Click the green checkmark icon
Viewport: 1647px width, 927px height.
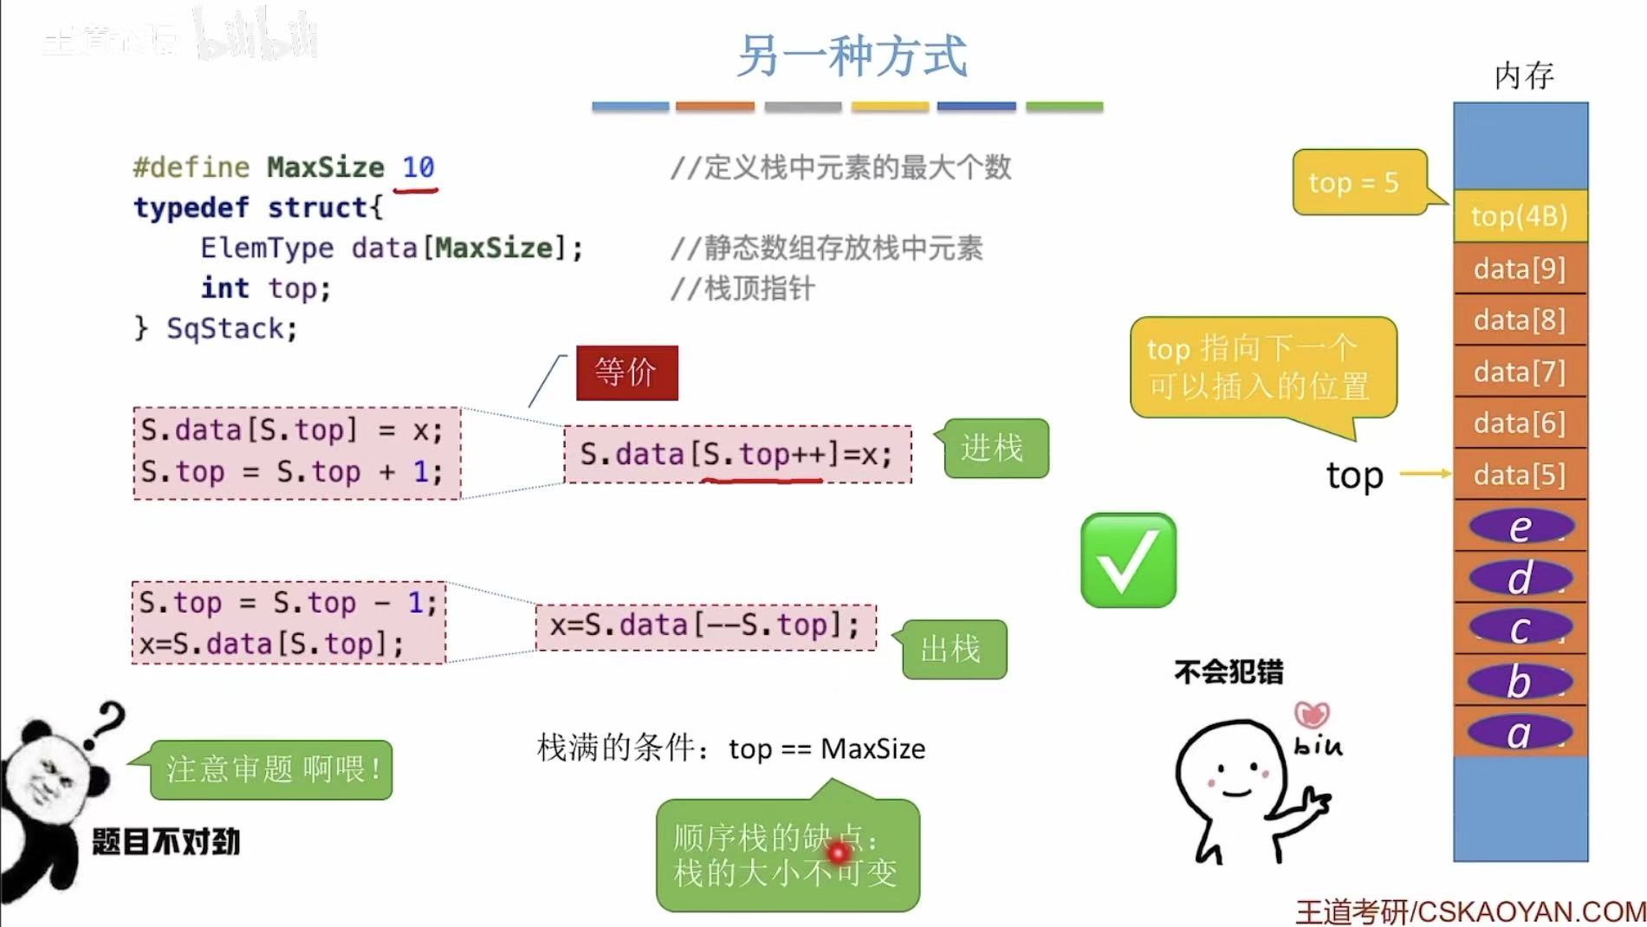(1128, 561)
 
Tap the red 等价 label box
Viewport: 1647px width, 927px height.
(626, 373)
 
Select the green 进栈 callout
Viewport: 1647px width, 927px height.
(995, 448)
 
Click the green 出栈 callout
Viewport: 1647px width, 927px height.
(953, 649)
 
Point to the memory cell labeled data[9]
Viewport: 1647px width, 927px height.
(1520, 269)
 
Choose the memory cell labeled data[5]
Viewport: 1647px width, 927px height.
(1520, 475)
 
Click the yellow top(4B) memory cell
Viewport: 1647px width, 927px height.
(1520, 216)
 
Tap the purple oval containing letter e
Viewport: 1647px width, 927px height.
(1521, 527)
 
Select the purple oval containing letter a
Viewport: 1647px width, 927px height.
(1519, 733)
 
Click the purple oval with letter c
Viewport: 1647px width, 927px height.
(1521, 629)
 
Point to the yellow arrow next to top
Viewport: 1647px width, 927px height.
(1424, 474)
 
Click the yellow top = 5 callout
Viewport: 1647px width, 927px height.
(1357, 182)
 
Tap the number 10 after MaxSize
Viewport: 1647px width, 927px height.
(418, 166)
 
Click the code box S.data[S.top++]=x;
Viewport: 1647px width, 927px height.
(737, 454)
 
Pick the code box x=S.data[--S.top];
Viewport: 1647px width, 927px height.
(705, 626)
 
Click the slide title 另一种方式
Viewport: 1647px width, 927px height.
(852, 56)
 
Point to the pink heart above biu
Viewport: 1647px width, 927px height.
(1312, 715)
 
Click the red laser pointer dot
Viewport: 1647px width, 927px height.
(838, 853)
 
